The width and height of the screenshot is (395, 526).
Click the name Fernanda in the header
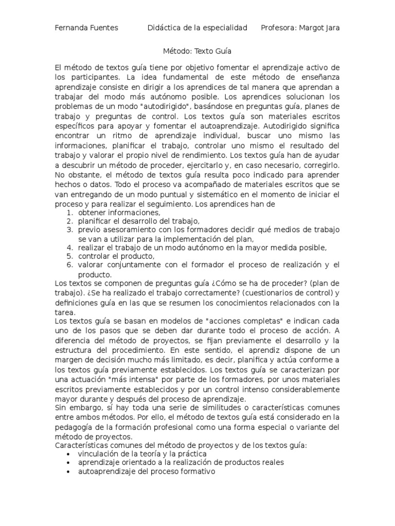click(x=71, y=27)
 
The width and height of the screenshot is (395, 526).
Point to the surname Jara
click(x=332, y=27)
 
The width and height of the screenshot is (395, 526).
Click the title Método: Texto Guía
click(x=197, y=51)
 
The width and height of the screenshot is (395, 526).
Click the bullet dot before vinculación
click(x=69, y=455)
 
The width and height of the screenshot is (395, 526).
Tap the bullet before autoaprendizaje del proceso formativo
click(x=69, y=471)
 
